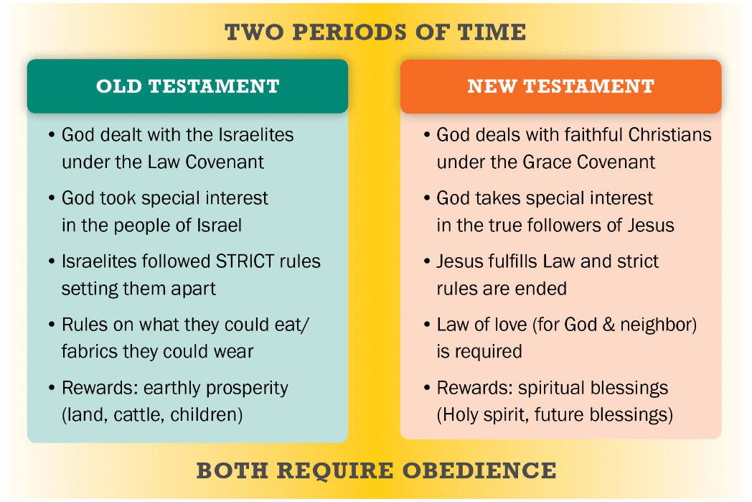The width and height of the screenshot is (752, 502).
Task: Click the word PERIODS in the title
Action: point(349,32)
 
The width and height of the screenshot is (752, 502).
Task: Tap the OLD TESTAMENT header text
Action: point(187,86)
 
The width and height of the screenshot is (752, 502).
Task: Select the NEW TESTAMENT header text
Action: point(560,86)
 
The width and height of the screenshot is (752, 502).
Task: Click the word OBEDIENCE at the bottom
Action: point(479,470)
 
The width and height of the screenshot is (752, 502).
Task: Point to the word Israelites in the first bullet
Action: point(255,135)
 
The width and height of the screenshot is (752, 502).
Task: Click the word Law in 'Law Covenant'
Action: point(164,162)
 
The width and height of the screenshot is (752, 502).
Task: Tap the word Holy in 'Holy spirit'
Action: point(461,415)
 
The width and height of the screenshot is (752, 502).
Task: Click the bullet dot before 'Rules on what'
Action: point(52,325)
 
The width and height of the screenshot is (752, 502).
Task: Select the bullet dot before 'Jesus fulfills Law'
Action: point(426,261)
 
